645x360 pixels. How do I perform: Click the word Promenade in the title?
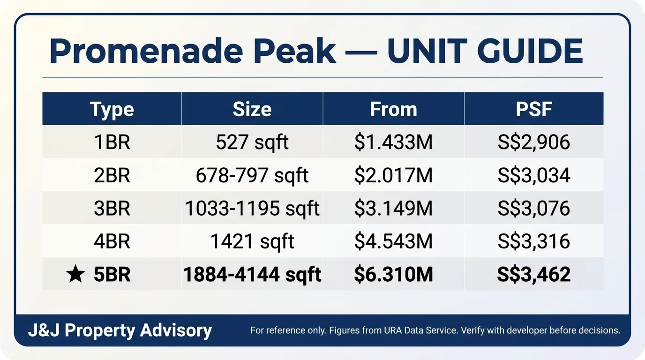(146, 51)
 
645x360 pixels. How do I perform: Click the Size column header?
(252, 109)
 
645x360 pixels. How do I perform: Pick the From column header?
(393, 109)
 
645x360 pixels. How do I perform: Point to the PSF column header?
(534, 109)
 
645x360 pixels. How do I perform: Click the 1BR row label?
(112, 142)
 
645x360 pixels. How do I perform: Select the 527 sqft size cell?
(252, 143)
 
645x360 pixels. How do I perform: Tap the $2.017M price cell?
(393, 175)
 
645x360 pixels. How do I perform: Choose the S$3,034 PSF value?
(534, 175)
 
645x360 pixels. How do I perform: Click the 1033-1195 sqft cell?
(252, 209)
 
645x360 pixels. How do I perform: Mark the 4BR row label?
(112, 241)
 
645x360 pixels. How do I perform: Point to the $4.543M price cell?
(393, 241)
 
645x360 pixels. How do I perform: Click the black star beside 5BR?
(75, 274)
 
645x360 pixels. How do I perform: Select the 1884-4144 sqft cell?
(252, 275)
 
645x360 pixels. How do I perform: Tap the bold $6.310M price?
(393, 274)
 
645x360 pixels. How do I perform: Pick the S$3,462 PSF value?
(534, 275)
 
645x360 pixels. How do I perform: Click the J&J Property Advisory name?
(120, 330)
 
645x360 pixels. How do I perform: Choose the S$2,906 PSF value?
(534, 142)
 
